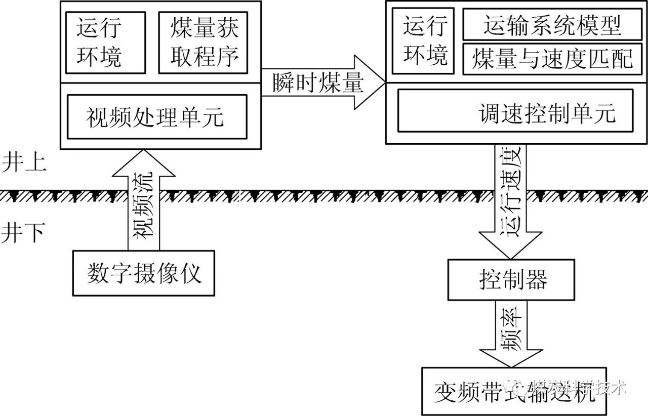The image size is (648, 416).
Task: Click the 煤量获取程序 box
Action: click(203, 43)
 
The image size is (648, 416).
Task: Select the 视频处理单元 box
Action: click(156, 116)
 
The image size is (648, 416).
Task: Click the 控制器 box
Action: click(511, 280)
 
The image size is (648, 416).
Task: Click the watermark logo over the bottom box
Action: click(519, 388)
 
